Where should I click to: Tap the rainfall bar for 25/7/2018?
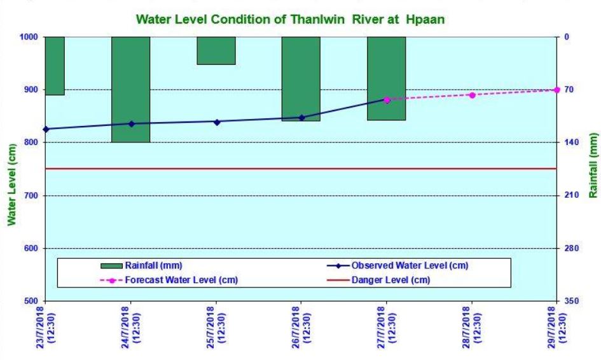click(x=216, y=50)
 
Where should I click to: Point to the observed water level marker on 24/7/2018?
click(x=131, y=124)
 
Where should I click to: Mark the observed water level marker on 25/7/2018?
click(x=216, y=121)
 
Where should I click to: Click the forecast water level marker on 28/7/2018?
click(x=472, y=95)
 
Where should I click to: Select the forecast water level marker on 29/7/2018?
click(x=557, y=90)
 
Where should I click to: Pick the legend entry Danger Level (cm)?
click(x=390, y=280)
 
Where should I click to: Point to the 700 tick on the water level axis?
click(x=31, y=196)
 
